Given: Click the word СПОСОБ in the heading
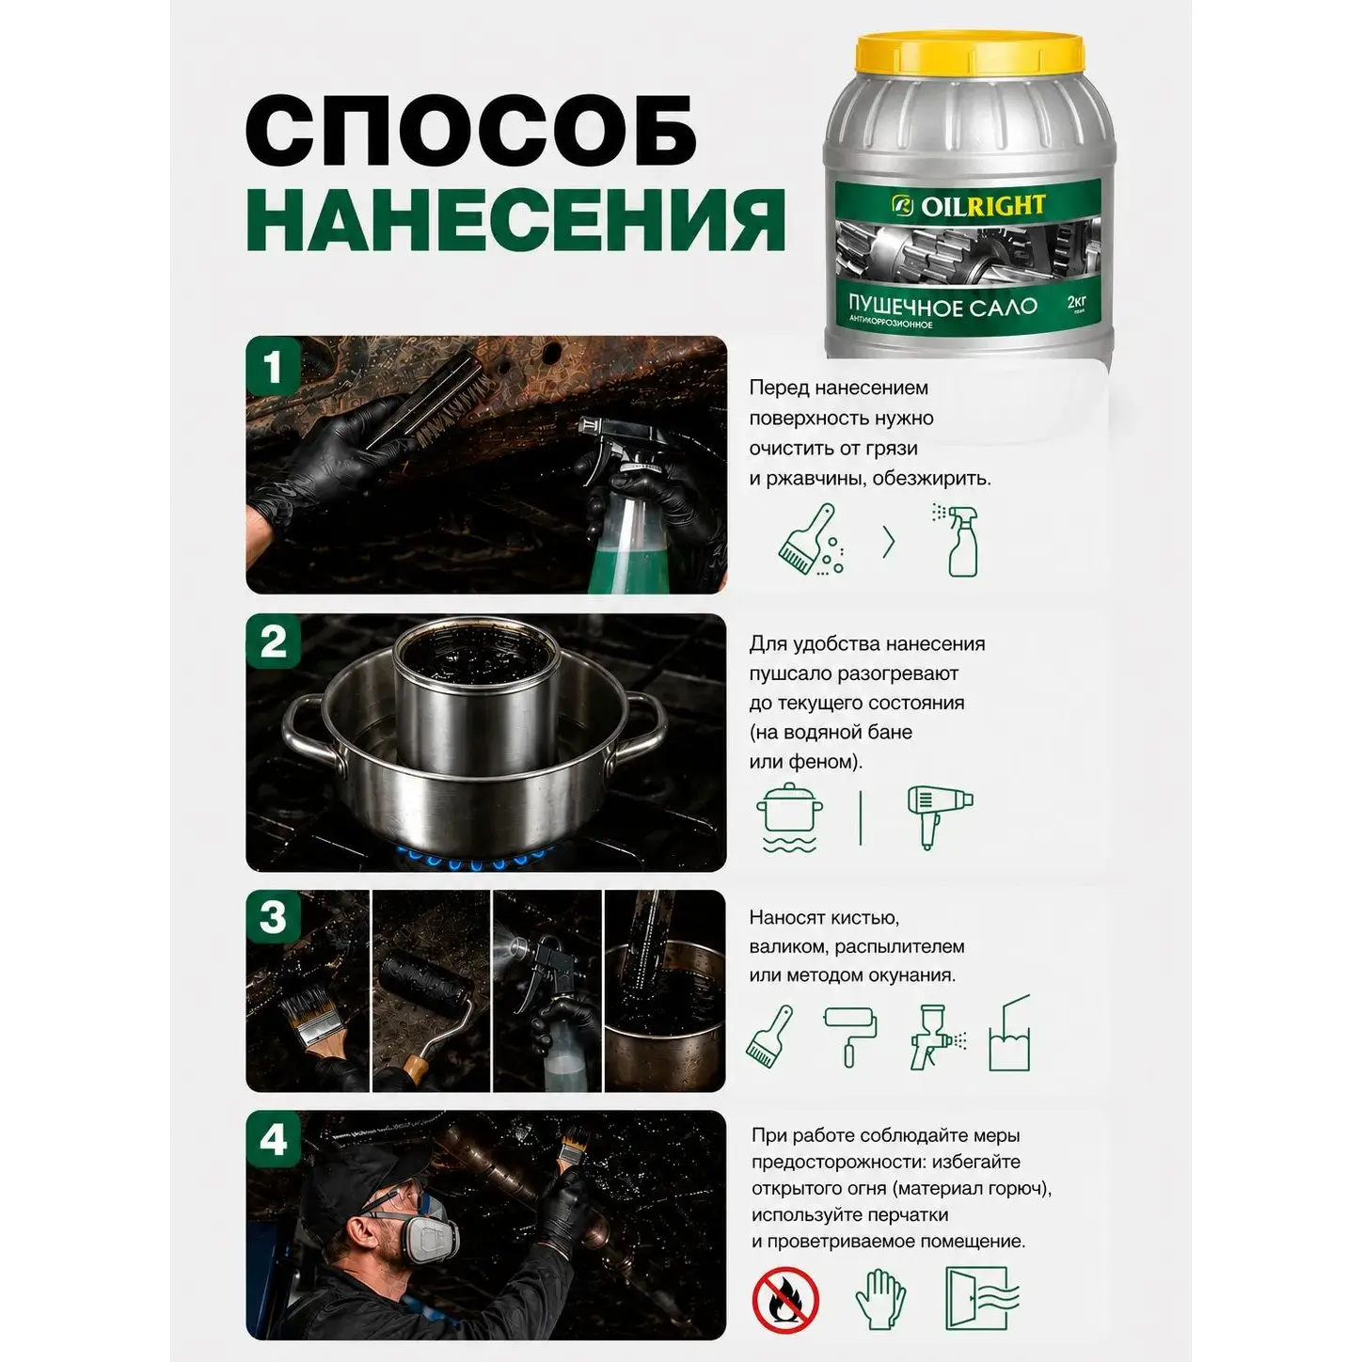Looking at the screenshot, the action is (471, 132).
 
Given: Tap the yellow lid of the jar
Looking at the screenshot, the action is (969, 54).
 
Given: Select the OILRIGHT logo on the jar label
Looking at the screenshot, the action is (968, 206).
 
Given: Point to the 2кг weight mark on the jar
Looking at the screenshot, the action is (1076, 303).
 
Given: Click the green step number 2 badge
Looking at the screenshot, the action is (273, 641).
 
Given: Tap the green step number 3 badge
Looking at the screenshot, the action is (273, 917).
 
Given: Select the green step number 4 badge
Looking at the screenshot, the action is (274, 1140).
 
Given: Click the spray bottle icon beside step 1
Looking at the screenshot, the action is (958, 541).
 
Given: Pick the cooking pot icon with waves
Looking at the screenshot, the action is (789, 817).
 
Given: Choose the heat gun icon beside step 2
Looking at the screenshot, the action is (940, 816).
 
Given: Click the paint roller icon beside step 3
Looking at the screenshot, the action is (850, 1037).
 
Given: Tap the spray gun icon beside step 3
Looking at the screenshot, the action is (938, 1037).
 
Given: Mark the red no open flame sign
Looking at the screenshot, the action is (785, 1300).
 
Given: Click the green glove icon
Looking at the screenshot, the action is (880, 1299).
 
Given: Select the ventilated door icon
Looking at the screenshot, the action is (982, 1298).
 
